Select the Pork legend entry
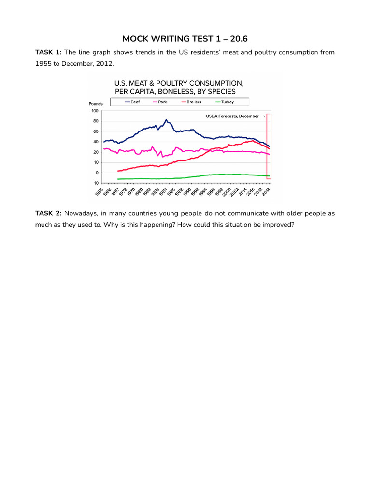(x=160, y=102)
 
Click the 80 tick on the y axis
(x=95, y=121)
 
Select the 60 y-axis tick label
(x=95, y=131)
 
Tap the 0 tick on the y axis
(x=96, y=173)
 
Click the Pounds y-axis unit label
(x=96, y=104)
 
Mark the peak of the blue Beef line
(x=166, y=120)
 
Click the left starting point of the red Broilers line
(x=118, y=171)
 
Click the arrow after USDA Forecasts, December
(x=263, y=116)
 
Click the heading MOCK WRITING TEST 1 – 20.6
(x=185, y=38)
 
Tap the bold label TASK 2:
(x=48, y=213)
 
